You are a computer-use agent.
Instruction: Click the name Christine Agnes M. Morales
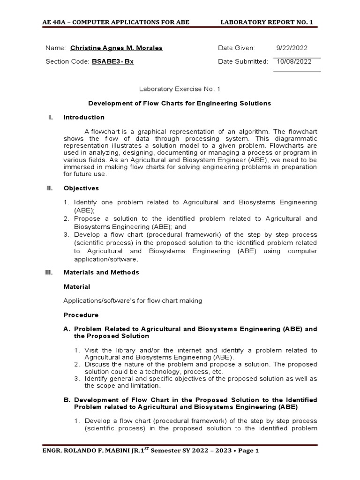click(x=116, y=48)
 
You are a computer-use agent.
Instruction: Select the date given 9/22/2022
click(x=292, y=48)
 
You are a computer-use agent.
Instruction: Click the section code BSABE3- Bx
click(x=112, y=61)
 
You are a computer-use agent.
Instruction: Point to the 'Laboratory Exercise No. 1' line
click(x=180, y=89)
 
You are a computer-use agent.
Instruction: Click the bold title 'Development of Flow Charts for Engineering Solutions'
click(x=180, y=103)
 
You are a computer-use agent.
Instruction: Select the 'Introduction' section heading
click(x=84, y=117)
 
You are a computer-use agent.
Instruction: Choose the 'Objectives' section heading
click(x=81, y=188)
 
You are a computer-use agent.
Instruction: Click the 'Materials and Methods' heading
click(x=101, y=272)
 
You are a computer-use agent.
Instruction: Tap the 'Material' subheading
click(x=77, y=286)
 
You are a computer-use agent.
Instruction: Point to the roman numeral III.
click(x=51, y=272)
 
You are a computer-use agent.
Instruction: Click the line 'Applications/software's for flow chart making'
click(x=133, y=300)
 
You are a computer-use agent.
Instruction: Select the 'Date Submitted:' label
click(x=243, y=61)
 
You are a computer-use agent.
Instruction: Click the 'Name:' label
click(x=55, y=48)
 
